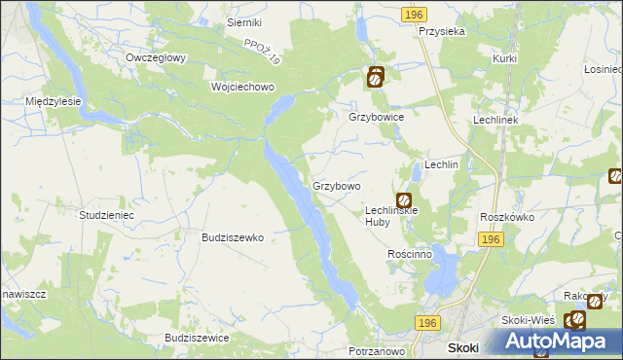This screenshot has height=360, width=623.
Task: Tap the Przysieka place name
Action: (442, 31)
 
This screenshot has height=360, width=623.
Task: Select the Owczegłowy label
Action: (156, 57)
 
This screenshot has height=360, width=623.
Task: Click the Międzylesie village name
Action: (54, 100)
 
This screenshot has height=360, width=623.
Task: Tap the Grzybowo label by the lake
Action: (337, 185)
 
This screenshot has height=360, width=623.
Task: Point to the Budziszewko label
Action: (233, 236)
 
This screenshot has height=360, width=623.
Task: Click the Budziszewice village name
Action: (198, 337)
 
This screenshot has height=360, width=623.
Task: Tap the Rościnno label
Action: (409, 254)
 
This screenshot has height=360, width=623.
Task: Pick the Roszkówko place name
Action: (508, 217)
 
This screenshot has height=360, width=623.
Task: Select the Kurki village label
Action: (503, 59)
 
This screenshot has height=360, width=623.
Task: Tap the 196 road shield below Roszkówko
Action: (490, 239)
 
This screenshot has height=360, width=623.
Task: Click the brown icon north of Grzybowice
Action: (376, 76)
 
